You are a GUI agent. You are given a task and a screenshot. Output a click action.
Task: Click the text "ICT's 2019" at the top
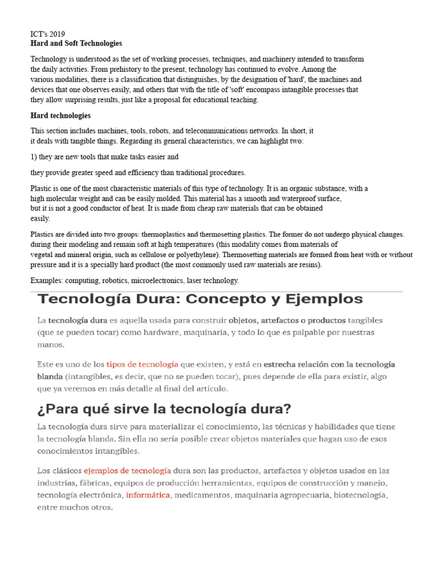(48, 34)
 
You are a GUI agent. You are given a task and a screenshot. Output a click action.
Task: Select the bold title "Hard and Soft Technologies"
(76, 43)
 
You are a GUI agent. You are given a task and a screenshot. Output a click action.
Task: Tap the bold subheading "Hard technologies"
(60, 115)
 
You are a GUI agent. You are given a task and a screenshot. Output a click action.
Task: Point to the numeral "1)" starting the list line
(34, 156)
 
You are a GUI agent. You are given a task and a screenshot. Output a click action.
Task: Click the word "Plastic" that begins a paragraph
(41, 188)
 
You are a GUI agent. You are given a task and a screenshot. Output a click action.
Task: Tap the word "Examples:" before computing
(47, 280)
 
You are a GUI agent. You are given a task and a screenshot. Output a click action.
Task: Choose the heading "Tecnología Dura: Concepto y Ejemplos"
(200, 299)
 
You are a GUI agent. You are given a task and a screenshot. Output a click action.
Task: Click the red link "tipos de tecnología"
(142, 364)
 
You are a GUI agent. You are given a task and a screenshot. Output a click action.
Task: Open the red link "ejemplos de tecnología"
(127, 470)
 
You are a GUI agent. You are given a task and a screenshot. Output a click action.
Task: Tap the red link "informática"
(148, 494)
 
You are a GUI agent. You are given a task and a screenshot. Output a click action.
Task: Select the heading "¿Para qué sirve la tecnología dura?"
(164, 409)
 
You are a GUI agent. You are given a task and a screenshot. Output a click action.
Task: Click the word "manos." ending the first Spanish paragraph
(51, 345)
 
